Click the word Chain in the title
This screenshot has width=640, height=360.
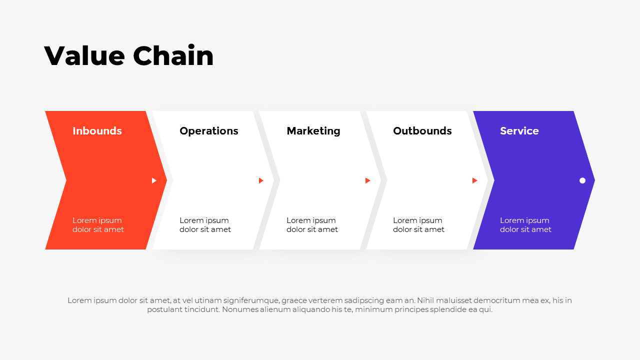coord(173,55)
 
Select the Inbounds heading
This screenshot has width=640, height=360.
coord(97,131)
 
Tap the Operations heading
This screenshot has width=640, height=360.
coord(209,131)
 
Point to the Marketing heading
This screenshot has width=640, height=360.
coord(313,131)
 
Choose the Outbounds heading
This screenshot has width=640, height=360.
coord(422,131)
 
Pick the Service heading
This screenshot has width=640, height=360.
coord(519,131)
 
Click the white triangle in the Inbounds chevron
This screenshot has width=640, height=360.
coord(154,180)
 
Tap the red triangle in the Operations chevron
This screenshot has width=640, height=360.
coord(261,180)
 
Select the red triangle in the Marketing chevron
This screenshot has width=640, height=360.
coord(368,180)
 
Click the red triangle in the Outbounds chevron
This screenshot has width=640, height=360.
coord(475,180)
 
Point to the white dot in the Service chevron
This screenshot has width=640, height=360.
coord(582,180)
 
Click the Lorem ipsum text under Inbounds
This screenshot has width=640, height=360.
coord(98,225)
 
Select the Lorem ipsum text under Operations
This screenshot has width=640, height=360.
coord(205,225)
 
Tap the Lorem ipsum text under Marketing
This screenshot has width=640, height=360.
coord(312,225)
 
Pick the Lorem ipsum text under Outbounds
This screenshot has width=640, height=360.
coord(418,225)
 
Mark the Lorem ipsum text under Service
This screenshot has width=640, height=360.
coord(525,225)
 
